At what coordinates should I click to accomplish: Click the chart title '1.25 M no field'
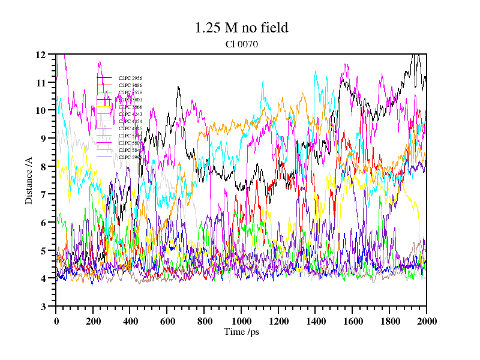pos(241,28)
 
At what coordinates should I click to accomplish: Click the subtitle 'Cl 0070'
pos(241,44)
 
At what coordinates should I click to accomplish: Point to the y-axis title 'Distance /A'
pos(28,180)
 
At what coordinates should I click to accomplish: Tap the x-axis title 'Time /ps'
pos(241,332)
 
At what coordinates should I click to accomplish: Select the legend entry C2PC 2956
pos(130,78)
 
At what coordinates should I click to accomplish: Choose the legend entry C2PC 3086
pos(130,85)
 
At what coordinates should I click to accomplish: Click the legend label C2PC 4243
pos(130,114)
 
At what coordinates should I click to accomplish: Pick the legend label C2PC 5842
pos(130,150)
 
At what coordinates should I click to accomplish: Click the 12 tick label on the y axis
pos(41,55)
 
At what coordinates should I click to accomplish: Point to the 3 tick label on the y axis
pos(43,307)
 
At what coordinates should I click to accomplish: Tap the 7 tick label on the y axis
pos(43,194)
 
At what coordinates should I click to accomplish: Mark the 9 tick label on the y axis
pos(43,139)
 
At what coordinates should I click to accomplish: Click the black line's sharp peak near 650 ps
pos(178,87)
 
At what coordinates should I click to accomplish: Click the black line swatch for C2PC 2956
pos(104,78)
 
